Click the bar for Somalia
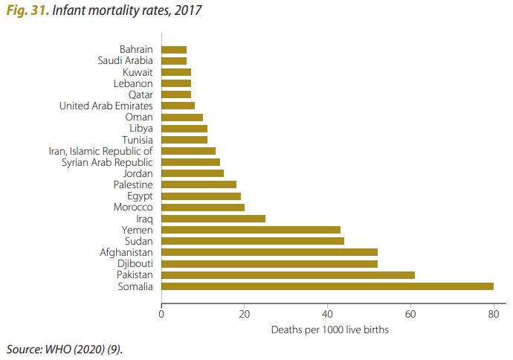pyautogui.click(x=327, y=286)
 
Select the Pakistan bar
pyautogui.click(x=288, y=275)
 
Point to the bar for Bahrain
pyautogui.click(x=174, y=49)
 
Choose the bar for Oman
pyautogui.click(x=182, y=117)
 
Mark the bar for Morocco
pyautogui.click(x=203, y=208)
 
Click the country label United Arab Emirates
pyautogui.click(x=106, y=106)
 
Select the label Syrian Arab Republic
pyautogui.click(x=106, y=162)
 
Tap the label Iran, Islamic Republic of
pyautogui.click(x=100, y=151)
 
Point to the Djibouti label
pyautogui.click(x=135, y=264)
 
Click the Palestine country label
pyautogui.click(x=133, y=184)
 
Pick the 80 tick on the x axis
pyautogui.click(x=493, y=314)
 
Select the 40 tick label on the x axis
pyautogui.click(x=327, y=314)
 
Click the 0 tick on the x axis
pyautogui.click(x=161, y=314)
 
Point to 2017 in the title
pyautogui.click(x=186, y=10)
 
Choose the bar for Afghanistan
pyautogui.click(x=269, y=253)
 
